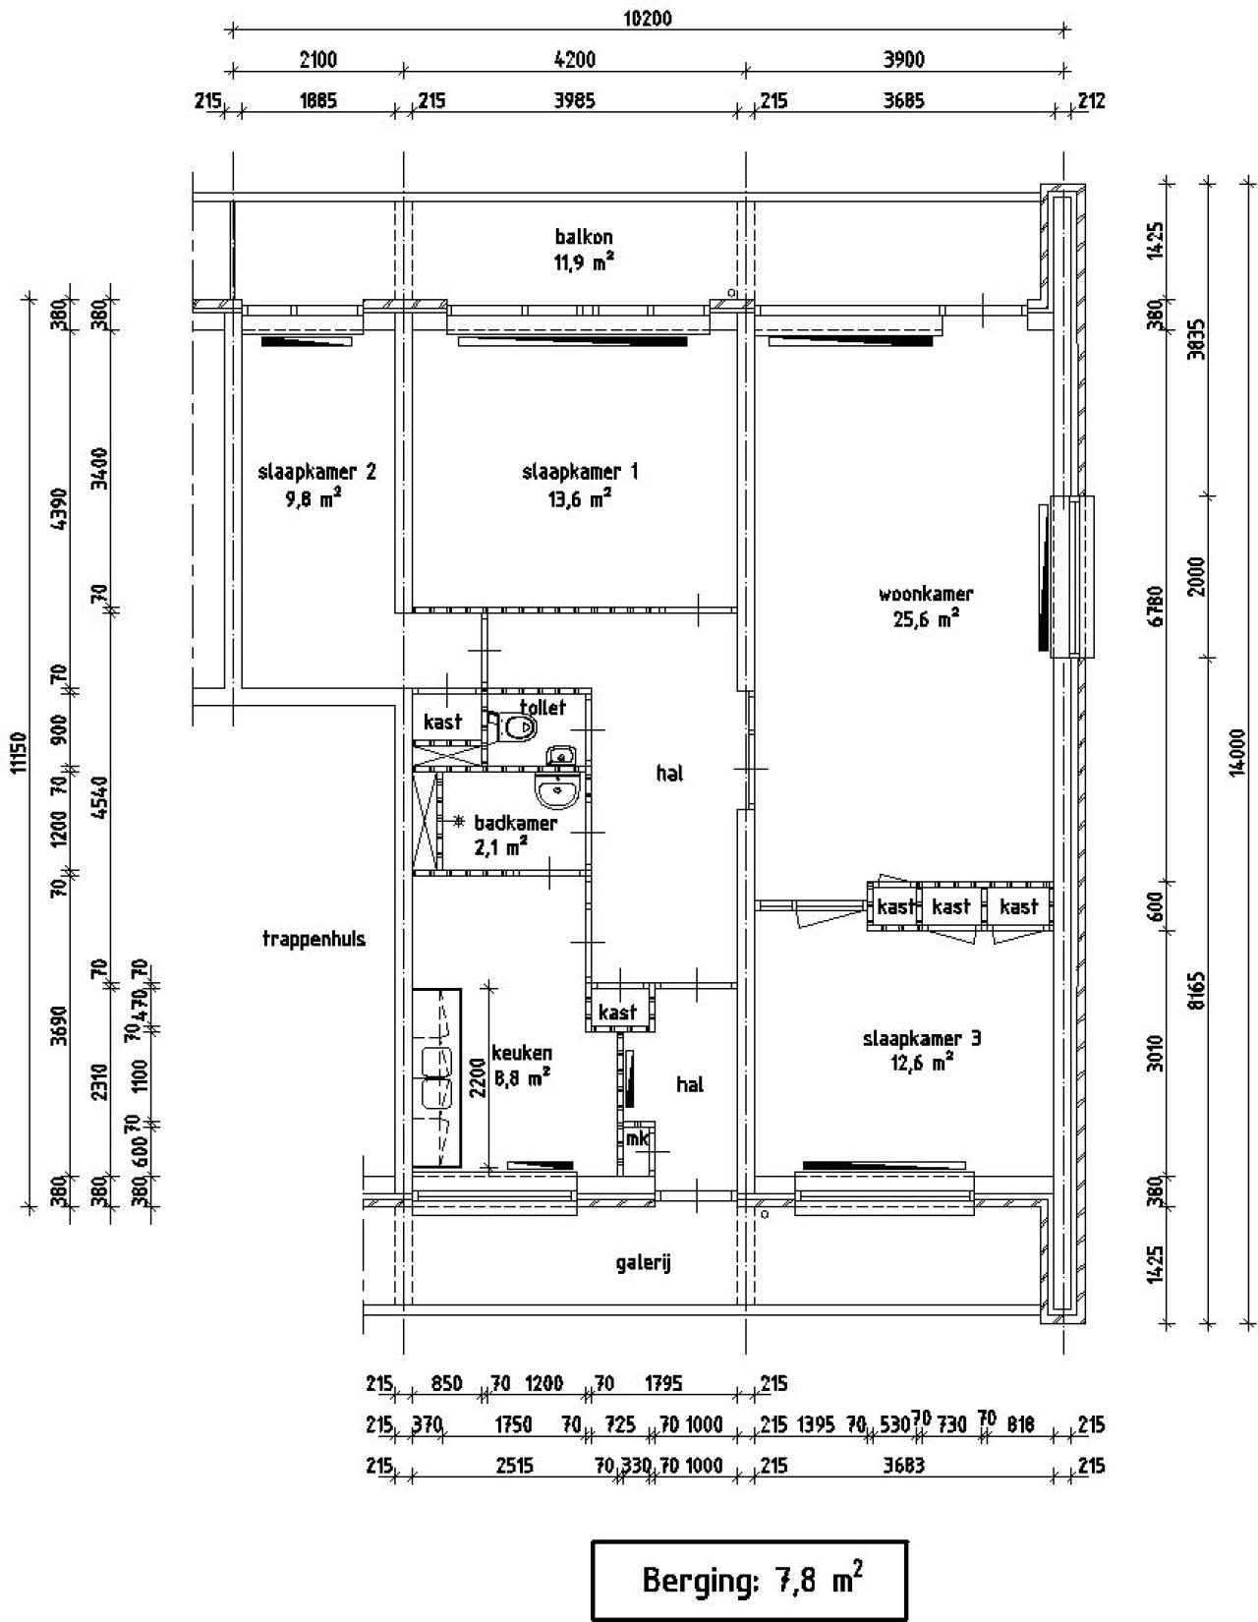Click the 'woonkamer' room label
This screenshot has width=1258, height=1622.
coord(925,595)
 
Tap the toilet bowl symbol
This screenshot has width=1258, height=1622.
coord(518,728)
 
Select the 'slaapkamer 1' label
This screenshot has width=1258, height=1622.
coord(580,472)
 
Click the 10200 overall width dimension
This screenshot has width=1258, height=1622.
coord(648,18)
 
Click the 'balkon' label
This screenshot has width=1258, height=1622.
coord(584,237)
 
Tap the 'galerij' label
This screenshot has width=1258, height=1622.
coord(643,1263)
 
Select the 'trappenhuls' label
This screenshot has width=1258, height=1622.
coord(314,939)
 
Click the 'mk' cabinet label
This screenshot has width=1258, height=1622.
coord(637,1138)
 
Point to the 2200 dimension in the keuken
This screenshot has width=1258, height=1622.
coord(476,1076)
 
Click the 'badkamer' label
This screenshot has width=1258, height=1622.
coord(515,823)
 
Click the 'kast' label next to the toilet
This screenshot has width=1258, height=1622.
coord(442,722)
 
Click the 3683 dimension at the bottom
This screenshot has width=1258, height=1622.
coord(903,1466)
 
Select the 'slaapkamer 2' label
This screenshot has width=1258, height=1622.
coord(316,472)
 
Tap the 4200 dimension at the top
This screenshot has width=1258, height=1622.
coord(575,60)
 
